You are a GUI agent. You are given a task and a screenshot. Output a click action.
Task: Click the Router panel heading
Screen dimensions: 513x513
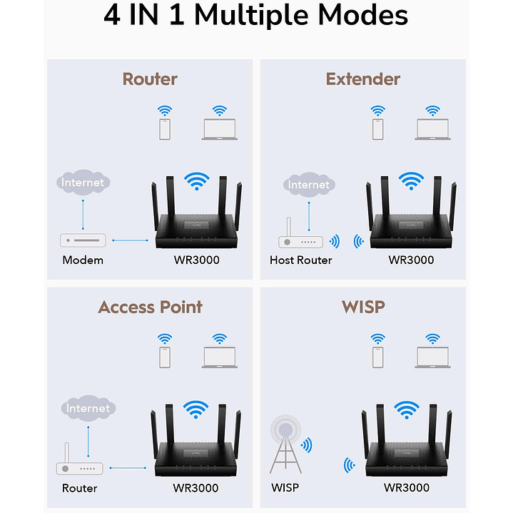click(x=150, y=78)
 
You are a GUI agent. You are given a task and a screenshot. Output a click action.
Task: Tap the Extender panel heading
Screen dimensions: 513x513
click(x=363, y=78)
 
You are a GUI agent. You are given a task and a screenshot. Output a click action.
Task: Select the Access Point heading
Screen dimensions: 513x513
click(x=150, y=307)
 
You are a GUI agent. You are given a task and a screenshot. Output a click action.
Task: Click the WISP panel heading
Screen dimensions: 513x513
click(x=363, y=307)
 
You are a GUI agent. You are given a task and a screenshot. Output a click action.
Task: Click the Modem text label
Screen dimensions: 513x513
click(x=83, y=260)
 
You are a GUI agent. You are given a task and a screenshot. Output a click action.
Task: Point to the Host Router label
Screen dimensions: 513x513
click(x=300, y=260)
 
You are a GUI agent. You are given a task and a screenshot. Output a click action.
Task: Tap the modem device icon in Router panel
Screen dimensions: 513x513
click(x=83, y=240)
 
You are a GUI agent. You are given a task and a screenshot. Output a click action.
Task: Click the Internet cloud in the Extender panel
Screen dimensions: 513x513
click(x=308, y=186)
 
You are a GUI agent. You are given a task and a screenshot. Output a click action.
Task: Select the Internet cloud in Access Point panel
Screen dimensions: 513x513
click(x=88, y=409)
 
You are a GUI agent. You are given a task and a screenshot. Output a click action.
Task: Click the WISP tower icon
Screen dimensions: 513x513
click(x=285, y=447)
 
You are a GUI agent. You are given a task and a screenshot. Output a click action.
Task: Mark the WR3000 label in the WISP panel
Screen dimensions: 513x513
click(x=407, y=487)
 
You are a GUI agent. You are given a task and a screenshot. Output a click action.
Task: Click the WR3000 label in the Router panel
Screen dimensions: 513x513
click(x=196, y=260)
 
